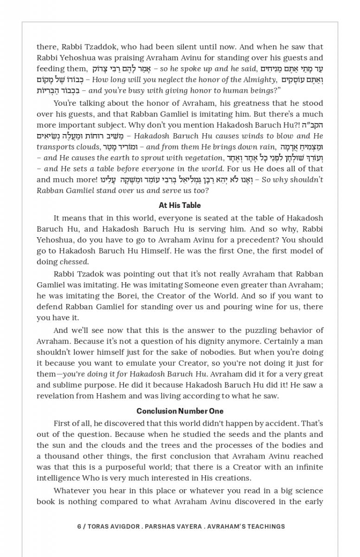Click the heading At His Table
point(180,205)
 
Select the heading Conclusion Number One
point(180,411)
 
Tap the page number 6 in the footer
point(79,526)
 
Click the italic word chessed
point(74,262)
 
